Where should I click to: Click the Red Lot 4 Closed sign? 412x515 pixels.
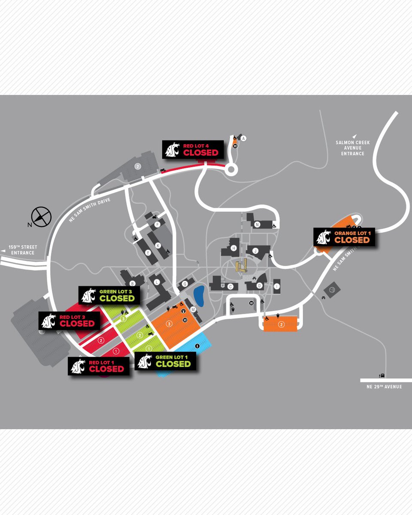193,149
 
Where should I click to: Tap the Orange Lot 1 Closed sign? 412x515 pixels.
344,236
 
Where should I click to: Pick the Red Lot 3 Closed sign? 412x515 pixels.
69,320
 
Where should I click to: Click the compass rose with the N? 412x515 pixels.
41,216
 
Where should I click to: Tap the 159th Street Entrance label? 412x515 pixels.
23,250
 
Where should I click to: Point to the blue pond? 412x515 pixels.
199,295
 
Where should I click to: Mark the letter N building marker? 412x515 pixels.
257,224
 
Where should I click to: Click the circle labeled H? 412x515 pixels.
234,248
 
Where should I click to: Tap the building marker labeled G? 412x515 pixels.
185,284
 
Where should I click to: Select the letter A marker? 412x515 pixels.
243,138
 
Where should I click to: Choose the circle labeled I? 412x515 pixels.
278,286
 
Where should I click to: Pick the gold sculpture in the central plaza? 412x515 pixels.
242,267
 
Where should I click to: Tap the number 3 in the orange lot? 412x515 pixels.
170,323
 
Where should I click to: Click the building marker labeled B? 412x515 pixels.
133,283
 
